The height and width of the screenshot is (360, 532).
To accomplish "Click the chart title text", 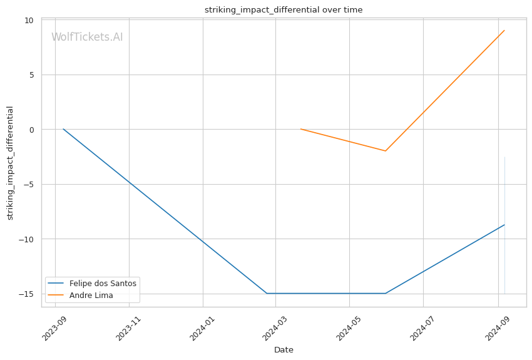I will click(283, 10).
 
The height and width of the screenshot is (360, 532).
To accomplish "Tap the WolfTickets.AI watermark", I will click(87, 38).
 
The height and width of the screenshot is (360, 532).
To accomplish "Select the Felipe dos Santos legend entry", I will click(103, 283).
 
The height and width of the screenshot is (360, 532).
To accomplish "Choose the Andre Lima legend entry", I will click(91, 296).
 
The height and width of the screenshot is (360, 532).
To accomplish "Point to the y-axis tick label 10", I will click(29, 20).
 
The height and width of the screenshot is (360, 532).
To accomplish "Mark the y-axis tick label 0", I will click(31, 130).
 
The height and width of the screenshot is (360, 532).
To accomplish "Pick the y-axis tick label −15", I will click(26, 294).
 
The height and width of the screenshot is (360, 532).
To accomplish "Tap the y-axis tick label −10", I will click(26, 239).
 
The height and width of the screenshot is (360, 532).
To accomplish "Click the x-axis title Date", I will click(284, 350).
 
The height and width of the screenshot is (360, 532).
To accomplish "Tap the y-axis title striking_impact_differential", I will click(11, 163).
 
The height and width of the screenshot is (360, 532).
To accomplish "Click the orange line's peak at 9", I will click(504, 30).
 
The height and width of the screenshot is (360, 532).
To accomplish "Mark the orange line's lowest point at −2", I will click(386, 151).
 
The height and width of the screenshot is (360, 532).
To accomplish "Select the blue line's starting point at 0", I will click(63, 129).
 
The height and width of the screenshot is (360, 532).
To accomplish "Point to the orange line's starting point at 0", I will click(301, 129).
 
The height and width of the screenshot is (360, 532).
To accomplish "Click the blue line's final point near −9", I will click(504, 225).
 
